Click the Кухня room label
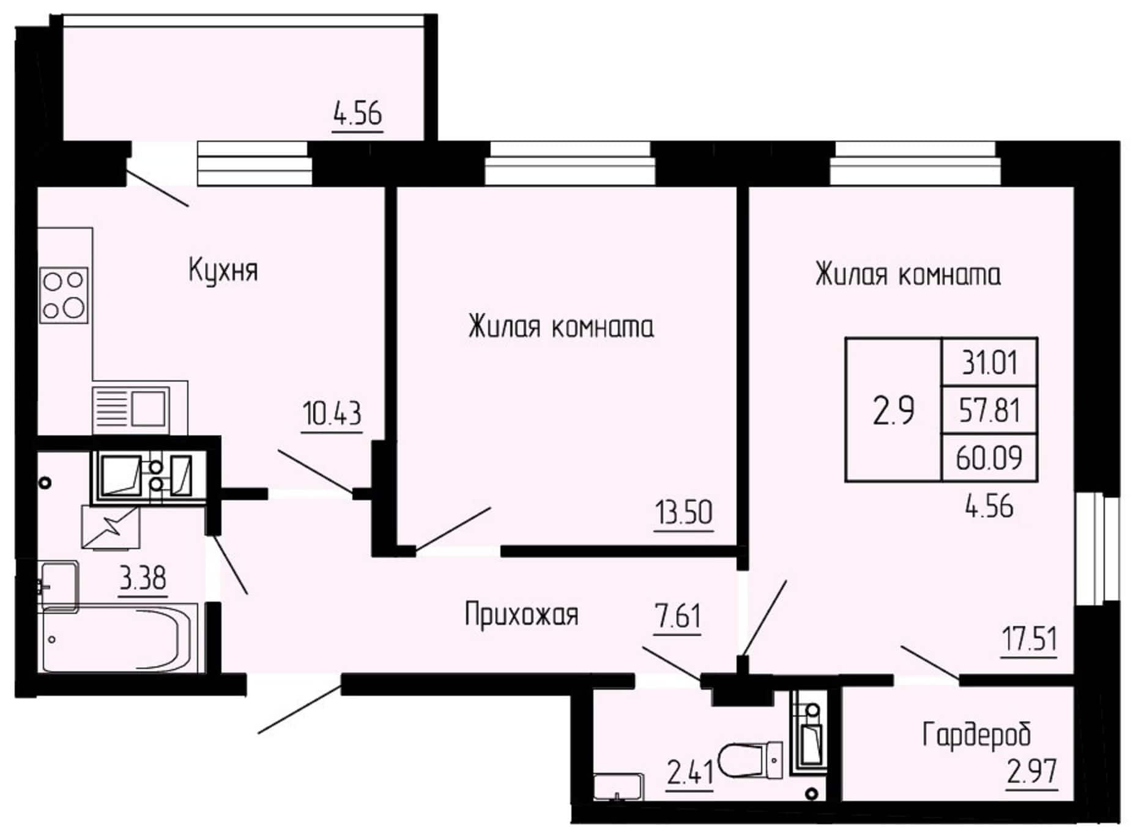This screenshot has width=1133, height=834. point(223,271)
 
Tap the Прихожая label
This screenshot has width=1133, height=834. point(521,614)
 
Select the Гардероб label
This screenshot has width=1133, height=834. point(976,734)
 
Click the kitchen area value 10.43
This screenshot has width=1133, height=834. point(332,413)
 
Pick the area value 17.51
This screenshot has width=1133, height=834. point(1029,639)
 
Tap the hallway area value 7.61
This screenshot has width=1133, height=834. point(677,616)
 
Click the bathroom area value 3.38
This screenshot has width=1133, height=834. point(143,577)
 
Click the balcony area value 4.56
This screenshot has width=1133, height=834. point(357,114)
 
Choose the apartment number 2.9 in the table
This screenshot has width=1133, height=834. point(893,410)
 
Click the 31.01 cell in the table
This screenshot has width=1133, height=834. point(989,363)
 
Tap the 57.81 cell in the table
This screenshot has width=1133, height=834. point(989,410)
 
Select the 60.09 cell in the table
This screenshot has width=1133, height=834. point(989,457)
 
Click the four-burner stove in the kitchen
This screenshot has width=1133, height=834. point(64,295)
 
